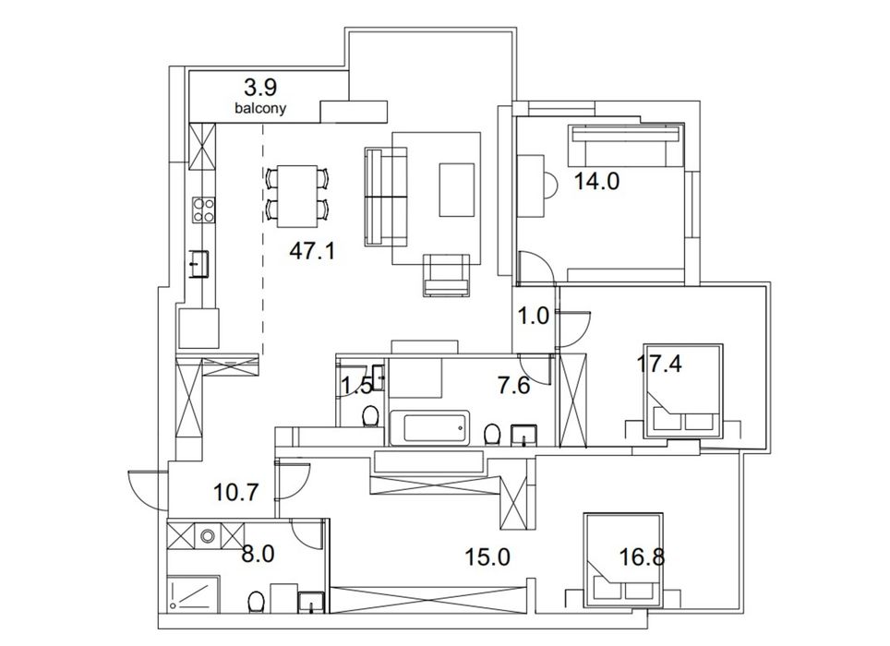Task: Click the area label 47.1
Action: point(312,250)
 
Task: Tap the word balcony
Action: point(260,108)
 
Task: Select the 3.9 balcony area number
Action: point(260,88)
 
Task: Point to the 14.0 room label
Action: point(596,182)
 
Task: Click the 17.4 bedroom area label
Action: point(658,364)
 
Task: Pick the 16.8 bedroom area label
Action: point(642,557)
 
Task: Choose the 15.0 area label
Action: point(487,557)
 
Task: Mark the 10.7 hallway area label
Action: point(236,492)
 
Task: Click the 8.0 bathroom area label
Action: point(258,554)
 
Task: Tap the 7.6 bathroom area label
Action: point(513,386)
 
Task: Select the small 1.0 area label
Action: point(535,316)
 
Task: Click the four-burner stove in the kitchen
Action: point(204,209)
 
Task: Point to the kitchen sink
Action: point(199,264)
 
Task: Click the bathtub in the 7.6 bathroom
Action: point(429,427)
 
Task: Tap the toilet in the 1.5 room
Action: point(370,415)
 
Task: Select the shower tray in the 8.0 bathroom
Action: point(194,593)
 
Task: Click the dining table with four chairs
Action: point(297,196)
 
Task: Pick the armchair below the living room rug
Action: point(447,276)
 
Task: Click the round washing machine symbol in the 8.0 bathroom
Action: point(208,535)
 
